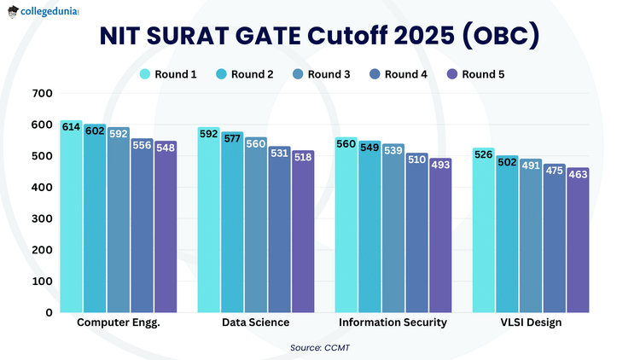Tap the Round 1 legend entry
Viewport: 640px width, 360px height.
click(x=168, y=74)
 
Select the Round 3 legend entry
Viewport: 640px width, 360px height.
click(x=322, y=74)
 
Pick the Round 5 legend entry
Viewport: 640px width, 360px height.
click(x=475, y=74)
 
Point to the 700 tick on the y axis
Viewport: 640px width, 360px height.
click(x=42, y=93)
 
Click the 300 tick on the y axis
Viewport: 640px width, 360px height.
click(x=42, y=218)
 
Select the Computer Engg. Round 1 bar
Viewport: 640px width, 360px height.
click(x=72, y=222)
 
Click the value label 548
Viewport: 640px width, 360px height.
click(x=166, y=147)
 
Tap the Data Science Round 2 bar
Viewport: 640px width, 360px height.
click(x=232, y=230)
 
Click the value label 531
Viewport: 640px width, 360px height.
click(x=279, y=153)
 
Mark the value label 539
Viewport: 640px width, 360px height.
click(x=393, y=150)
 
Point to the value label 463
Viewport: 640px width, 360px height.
click(x=578, y=174)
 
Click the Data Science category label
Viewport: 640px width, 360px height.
click(x=255, y=323)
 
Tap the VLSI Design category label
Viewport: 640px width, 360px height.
click(x=531, y=323)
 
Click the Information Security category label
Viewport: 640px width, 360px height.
click(x=393, y=323)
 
